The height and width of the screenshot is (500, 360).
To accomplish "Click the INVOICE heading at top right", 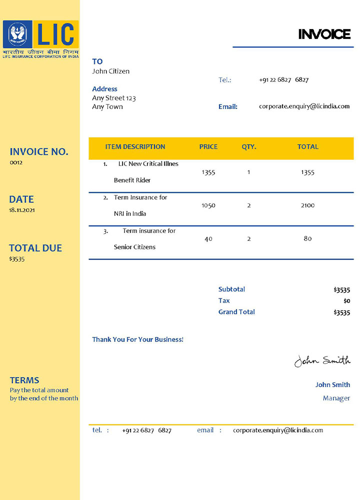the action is tap(324, 34).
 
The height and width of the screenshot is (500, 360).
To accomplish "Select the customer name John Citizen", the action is tap(110, 71).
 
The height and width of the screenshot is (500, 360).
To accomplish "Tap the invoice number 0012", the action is tap(16, 162).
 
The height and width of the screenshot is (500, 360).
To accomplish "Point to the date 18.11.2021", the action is tap(22, 210).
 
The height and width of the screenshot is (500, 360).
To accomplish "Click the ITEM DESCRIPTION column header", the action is tap(135, 147).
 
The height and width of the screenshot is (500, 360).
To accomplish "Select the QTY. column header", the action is tap(248, 147).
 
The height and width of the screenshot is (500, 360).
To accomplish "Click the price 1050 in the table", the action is tap(208, 205).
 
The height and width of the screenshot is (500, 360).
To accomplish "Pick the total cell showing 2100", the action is tap(307, 205).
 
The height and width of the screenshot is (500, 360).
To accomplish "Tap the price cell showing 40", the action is tap(208, 239).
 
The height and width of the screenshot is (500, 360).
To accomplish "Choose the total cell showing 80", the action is tap(307, 239).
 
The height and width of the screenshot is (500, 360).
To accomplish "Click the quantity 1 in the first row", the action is tap(248, 172).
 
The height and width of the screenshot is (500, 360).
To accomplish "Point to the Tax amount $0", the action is tap(347, 301).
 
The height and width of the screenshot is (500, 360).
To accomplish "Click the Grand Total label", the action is tap(236, 312).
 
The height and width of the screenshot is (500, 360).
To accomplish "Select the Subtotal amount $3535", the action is tap(341, 290).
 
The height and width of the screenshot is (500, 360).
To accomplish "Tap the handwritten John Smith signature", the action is tap(322, 360).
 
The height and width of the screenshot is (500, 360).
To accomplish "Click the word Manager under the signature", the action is tap(336, 398).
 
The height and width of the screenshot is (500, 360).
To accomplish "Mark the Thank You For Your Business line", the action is tap(137, 339).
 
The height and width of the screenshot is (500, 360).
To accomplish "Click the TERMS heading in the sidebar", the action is tap(24, 380).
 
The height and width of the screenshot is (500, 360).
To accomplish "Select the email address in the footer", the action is tap(278, 430).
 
